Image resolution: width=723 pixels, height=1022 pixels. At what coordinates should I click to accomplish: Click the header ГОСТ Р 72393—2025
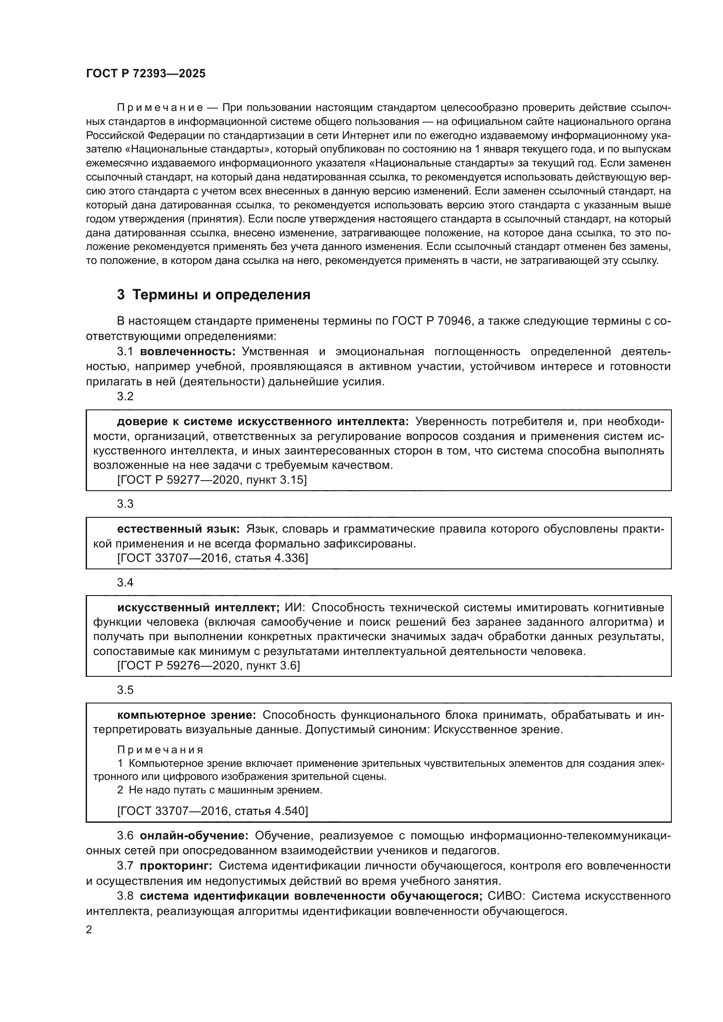146,74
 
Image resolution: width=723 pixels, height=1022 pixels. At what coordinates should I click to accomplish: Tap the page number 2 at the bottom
89,930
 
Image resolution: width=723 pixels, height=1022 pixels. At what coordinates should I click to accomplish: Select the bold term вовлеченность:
188,352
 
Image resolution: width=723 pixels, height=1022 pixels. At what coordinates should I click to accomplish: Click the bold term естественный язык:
178,529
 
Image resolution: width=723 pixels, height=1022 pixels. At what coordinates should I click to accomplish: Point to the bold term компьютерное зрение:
186,715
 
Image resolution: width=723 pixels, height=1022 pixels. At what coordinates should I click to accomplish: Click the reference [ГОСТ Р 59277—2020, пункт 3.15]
212,480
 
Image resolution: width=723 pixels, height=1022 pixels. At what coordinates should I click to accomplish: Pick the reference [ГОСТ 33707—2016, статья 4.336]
212,558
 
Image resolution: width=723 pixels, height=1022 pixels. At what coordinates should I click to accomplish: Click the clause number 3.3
125,504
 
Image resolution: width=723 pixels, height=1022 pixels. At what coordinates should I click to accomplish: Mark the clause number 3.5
125,690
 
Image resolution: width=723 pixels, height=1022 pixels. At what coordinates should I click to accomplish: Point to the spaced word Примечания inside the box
160,750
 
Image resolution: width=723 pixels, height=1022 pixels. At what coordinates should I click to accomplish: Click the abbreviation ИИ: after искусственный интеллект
298,608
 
